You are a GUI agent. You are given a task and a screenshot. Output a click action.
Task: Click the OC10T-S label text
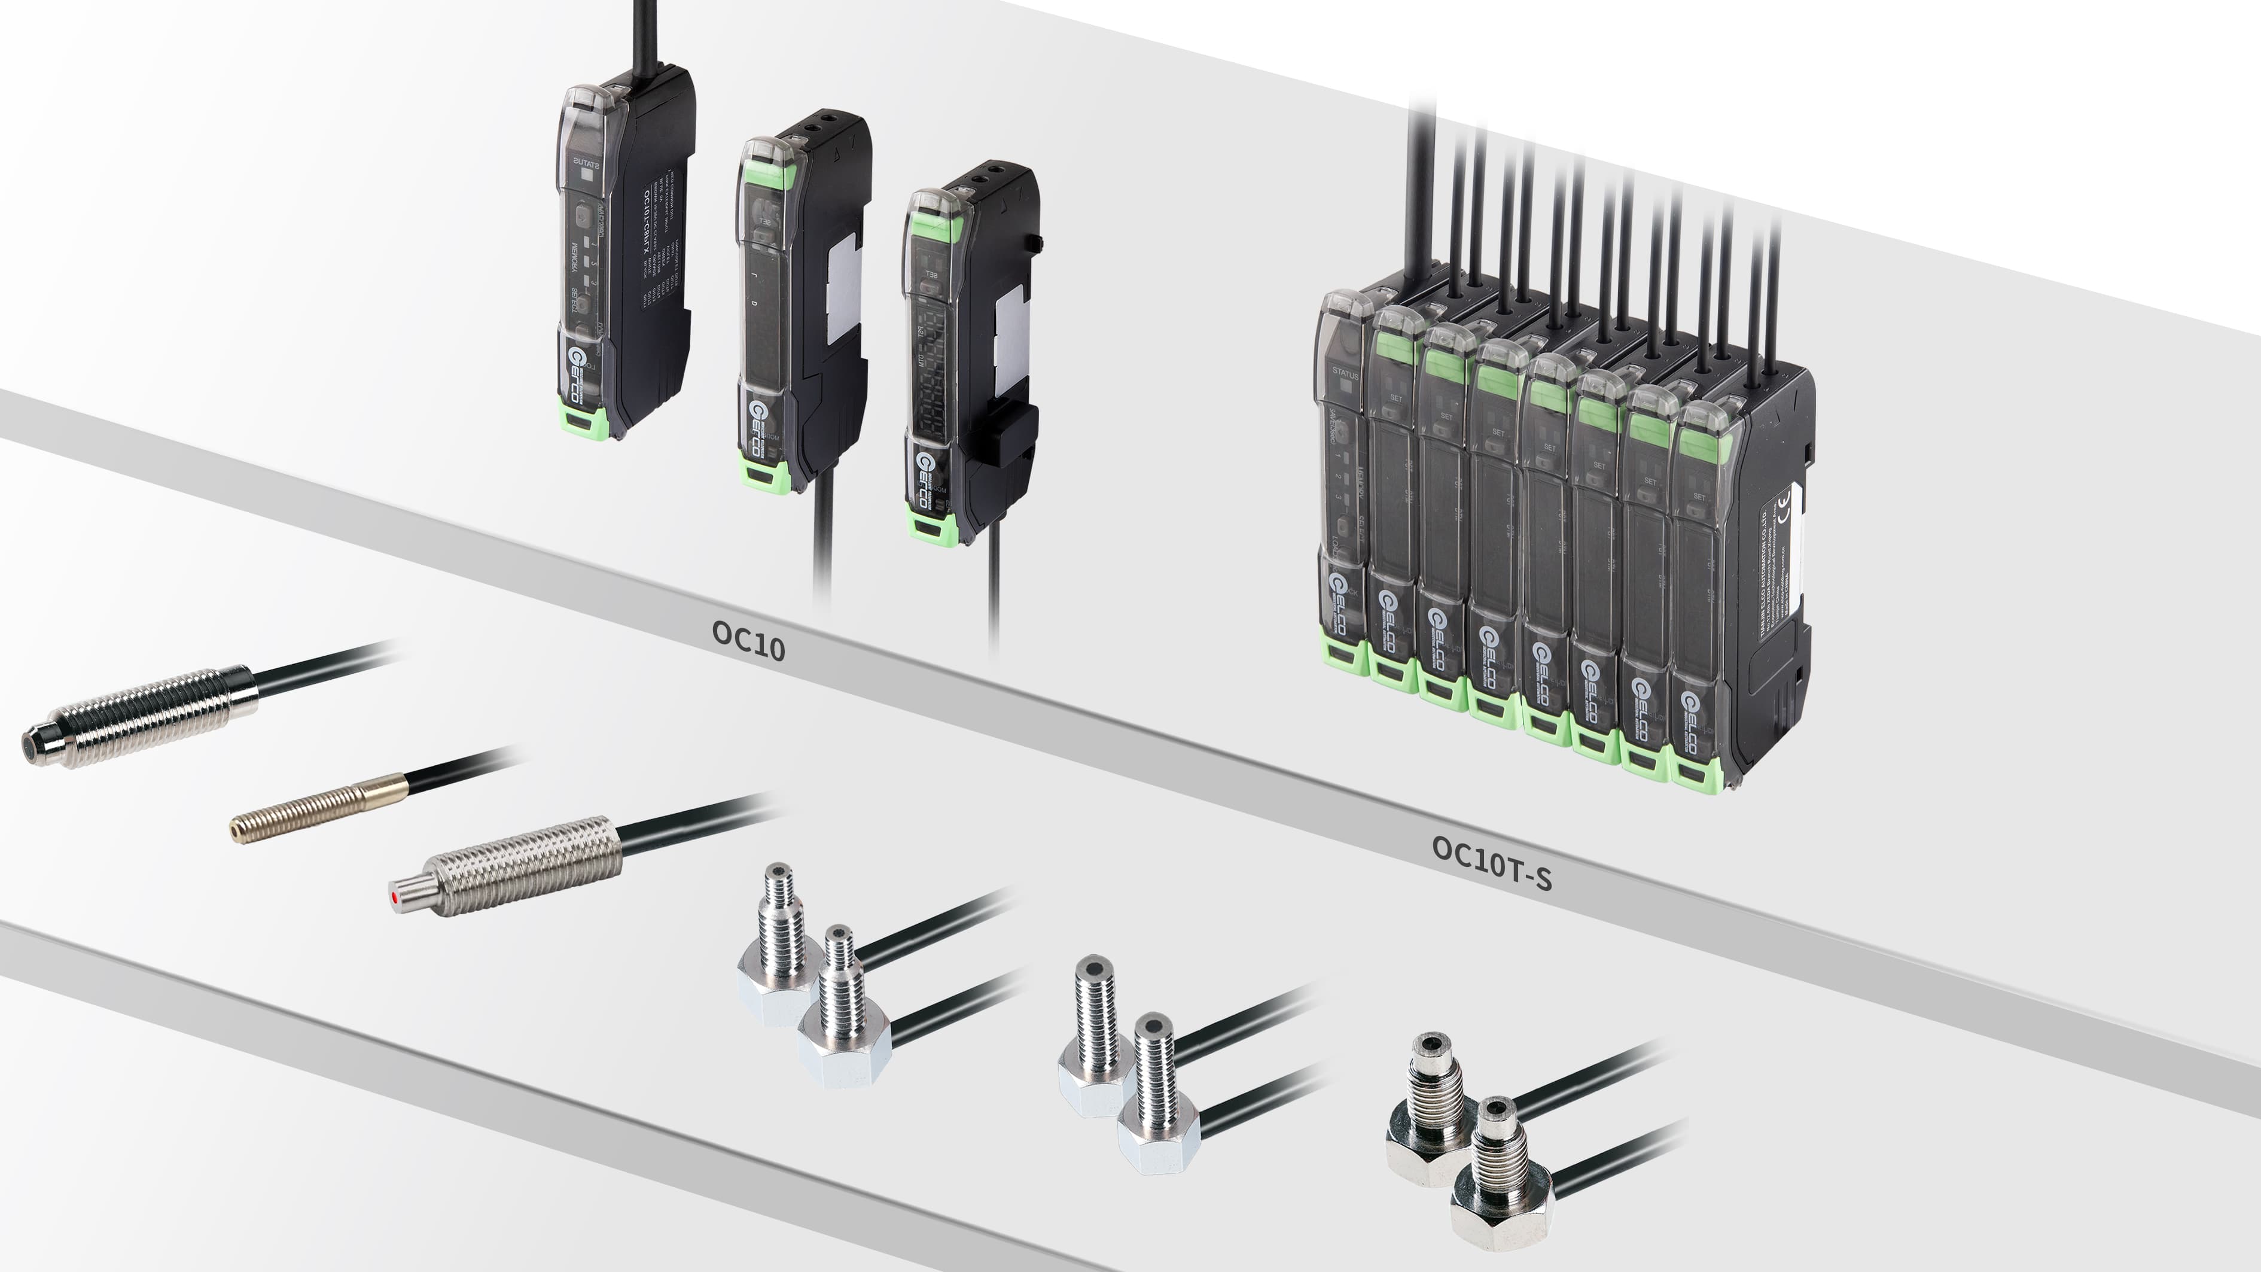pos(1491,862)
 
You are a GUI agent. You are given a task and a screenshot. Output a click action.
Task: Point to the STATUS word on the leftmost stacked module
pos(1344,374)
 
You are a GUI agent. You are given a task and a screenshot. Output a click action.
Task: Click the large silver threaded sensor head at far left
pos(141,716)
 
